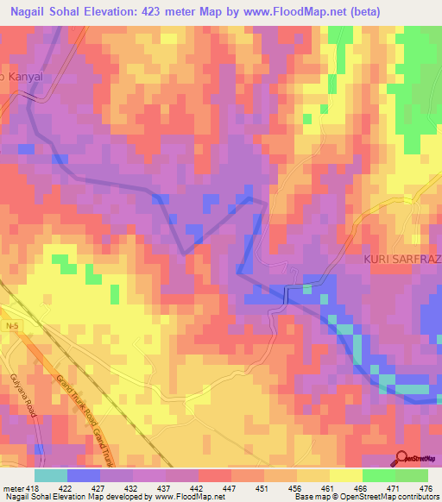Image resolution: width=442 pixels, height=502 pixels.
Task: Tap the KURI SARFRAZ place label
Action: [401, 260]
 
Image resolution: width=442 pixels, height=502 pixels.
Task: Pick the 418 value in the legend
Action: [35, 488]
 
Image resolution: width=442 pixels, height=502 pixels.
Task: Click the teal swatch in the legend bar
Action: [50, 475]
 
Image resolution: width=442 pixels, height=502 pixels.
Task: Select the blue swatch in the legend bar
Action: [83, 475]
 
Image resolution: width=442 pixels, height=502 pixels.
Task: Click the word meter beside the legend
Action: [13, 488]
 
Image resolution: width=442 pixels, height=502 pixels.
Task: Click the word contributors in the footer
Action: [416, 497]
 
